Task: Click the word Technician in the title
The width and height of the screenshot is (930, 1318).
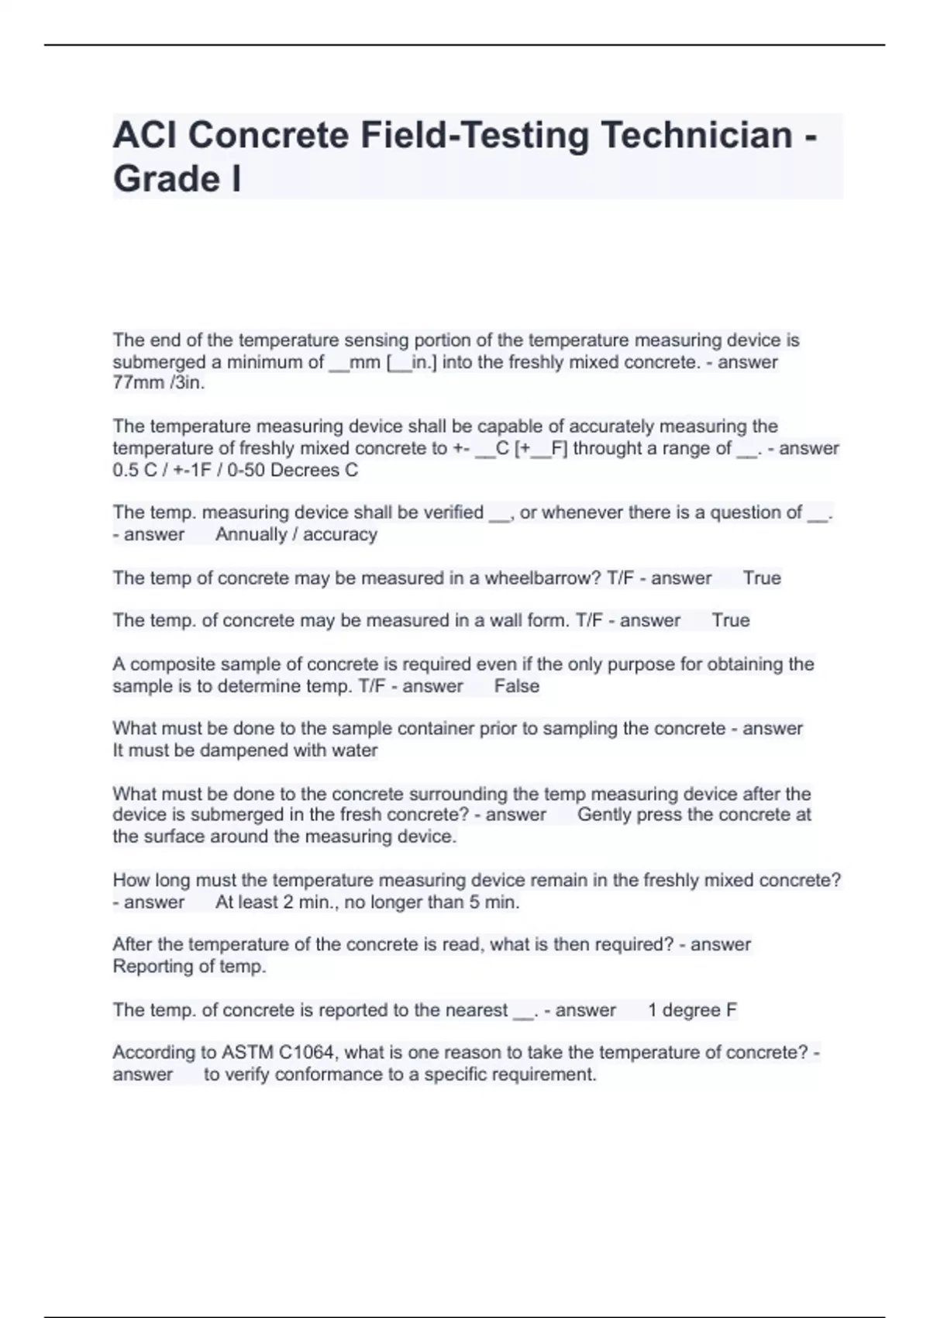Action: click(696, 135)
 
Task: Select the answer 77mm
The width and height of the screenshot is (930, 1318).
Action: click(138, 383)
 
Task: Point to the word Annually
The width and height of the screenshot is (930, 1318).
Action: click(251, 534)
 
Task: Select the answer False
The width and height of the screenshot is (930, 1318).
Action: click(516, 686)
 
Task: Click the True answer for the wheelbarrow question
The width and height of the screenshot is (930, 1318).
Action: click(762, 578)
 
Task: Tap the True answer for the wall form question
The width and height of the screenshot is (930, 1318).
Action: click(731, 620)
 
